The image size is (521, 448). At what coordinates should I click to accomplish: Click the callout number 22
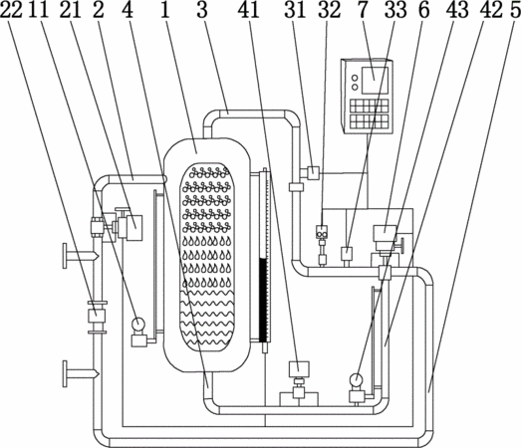[11, 9]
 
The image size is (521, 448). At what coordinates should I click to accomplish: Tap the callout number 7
[363, 9]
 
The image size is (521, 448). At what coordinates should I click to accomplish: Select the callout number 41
[248, 9]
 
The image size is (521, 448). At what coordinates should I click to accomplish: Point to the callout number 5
[514, 9]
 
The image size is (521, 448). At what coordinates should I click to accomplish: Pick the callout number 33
[395, 9]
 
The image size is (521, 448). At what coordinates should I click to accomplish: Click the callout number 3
[202, 9]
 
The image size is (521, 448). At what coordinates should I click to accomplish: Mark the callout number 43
[457, 9]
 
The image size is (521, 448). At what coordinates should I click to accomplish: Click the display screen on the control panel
[375, 81]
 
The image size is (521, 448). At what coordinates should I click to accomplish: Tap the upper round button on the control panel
[355, 78]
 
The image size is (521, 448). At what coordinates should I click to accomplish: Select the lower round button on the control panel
[355, 87]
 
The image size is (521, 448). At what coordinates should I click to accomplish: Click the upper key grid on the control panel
[370, 106]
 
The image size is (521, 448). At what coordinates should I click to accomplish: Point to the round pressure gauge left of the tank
[137, 323]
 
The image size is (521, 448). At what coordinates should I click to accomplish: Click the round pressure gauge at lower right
[357, 379]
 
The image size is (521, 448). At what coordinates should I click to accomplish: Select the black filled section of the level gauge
[263, 301]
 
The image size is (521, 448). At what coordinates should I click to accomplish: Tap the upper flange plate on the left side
[65, 256]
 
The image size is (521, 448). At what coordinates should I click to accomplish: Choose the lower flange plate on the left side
[65, 374]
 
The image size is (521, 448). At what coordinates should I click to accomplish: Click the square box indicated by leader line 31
[313, 172]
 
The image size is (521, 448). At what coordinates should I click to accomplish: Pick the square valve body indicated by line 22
[97, 316]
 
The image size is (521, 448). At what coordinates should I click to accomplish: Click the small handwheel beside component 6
[402, 246]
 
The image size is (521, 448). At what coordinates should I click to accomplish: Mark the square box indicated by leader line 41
[299, 368]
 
